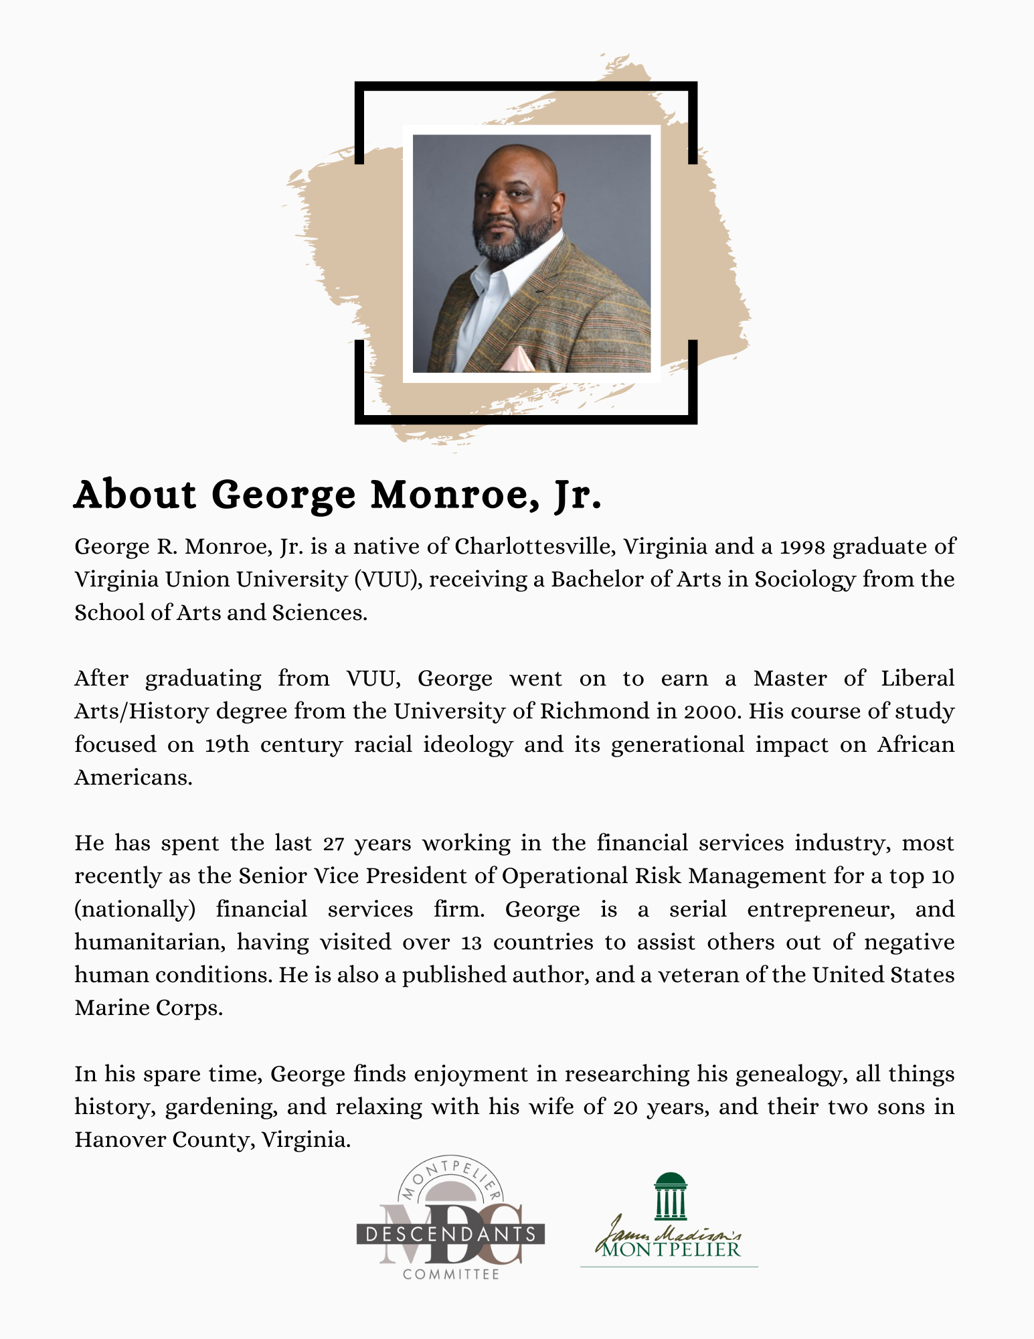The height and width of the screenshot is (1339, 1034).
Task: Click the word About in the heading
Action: point(135,495)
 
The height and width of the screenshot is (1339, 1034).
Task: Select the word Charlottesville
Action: point(535,547)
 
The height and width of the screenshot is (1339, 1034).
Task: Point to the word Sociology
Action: point(805,580)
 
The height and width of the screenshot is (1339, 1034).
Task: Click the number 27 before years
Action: point(333,844)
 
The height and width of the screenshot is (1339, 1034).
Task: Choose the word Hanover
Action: point(120,1140)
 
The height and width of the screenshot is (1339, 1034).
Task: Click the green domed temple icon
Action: point(671,1196)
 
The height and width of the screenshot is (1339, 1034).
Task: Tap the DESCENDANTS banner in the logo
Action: point(450,1234)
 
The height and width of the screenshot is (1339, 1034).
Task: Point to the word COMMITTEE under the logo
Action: point(451,1274)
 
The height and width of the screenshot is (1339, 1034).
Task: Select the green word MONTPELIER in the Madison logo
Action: point(671,1250)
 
